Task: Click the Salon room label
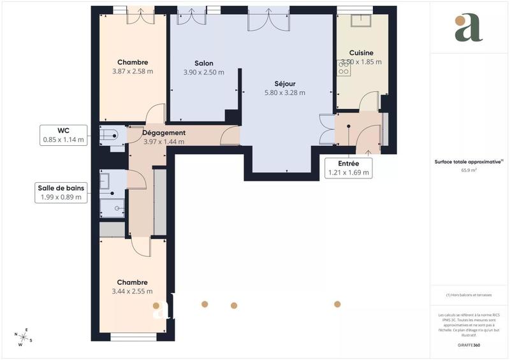click(x=203, y=63)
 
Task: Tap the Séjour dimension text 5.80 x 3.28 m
click(x=284, y=92)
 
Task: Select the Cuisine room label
click(x=361, y=53)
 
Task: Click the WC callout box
click(x=63, y=135)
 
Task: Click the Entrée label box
click(x=348, y=168)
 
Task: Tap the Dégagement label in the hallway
click(x=163, y=133)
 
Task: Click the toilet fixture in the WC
click(x=110, y=134)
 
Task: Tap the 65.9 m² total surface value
click(x=469, y=170)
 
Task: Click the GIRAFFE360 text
click(x=469, y=344)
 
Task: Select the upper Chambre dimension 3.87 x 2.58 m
click(x=133, y=71)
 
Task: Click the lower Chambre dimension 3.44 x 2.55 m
click(x=132, y=291)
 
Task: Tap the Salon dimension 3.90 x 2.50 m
click(x=203, y=72)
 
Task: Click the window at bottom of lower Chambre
click(x=133, y=336)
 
